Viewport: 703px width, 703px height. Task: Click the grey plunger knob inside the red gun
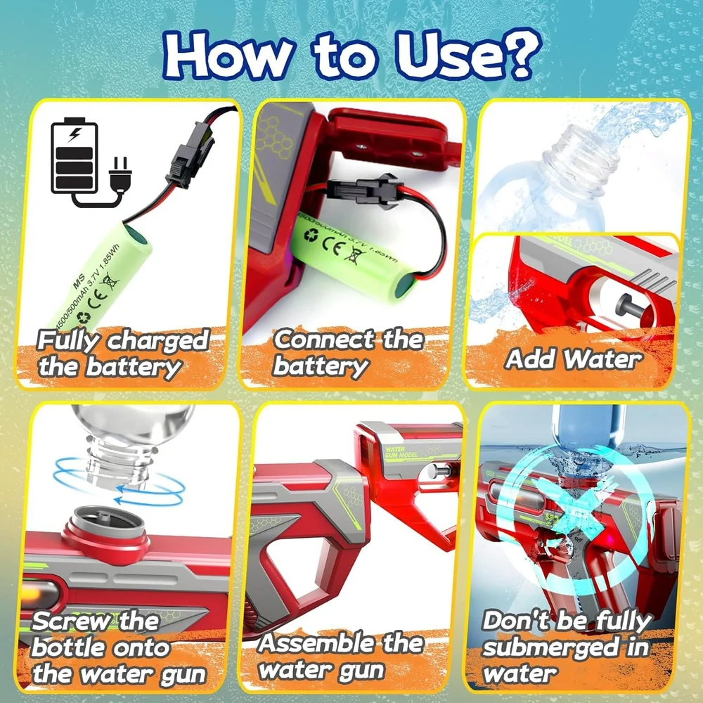click(625, 304)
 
